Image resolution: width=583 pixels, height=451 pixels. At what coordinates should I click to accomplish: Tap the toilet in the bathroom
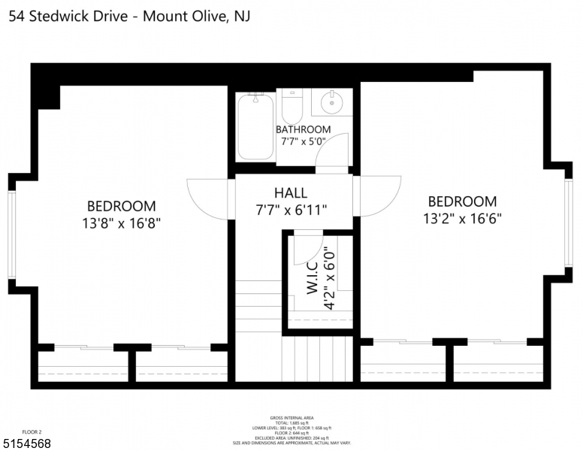click(291, 107)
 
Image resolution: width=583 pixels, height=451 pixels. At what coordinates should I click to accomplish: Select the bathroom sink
click(331, 101)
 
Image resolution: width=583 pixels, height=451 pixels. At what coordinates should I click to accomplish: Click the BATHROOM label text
click(303, 129)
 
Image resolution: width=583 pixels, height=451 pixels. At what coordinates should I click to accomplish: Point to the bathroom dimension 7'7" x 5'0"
click(303, 141)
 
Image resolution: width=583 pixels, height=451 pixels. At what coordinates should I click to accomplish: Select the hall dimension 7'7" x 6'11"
click(291, 210)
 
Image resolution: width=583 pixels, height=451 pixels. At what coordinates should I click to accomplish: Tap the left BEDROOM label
click(122, 206)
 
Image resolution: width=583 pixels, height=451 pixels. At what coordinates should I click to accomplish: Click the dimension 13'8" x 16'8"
click(122, 223)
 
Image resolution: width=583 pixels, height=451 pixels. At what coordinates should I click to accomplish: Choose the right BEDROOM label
click(462, 201)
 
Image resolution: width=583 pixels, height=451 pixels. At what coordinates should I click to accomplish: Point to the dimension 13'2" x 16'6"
click(462, 219)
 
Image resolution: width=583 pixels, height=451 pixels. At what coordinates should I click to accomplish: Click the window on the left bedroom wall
click(11, 234)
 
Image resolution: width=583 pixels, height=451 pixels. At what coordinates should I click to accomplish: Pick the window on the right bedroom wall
click(568, 223)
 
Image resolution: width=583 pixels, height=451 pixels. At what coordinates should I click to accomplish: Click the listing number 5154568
click(26, 443)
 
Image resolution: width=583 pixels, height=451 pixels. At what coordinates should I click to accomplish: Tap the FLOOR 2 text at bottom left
click(32, 431)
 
